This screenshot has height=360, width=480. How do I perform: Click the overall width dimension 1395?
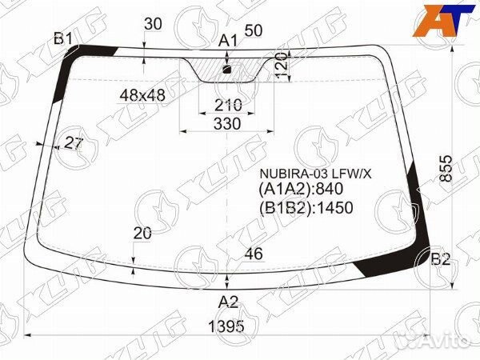click(x=226, y=326)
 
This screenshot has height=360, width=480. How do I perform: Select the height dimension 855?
click(x=446, y=169)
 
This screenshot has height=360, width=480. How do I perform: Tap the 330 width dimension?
click(x=227, y=124)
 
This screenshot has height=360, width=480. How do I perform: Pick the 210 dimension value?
click(x=228, y=106)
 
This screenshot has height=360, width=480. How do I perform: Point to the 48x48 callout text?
click(x=142, y=96)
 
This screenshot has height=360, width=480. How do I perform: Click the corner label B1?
click(x=62, y=39)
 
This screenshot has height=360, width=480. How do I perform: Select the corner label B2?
click(x=441, y=259)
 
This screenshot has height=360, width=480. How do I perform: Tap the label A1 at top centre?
click(x=228, y=41)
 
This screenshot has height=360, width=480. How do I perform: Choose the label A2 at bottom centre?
click(x=228, y=302)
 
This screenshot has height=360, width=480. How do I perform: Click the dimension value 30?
click(x=153, y=24)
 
